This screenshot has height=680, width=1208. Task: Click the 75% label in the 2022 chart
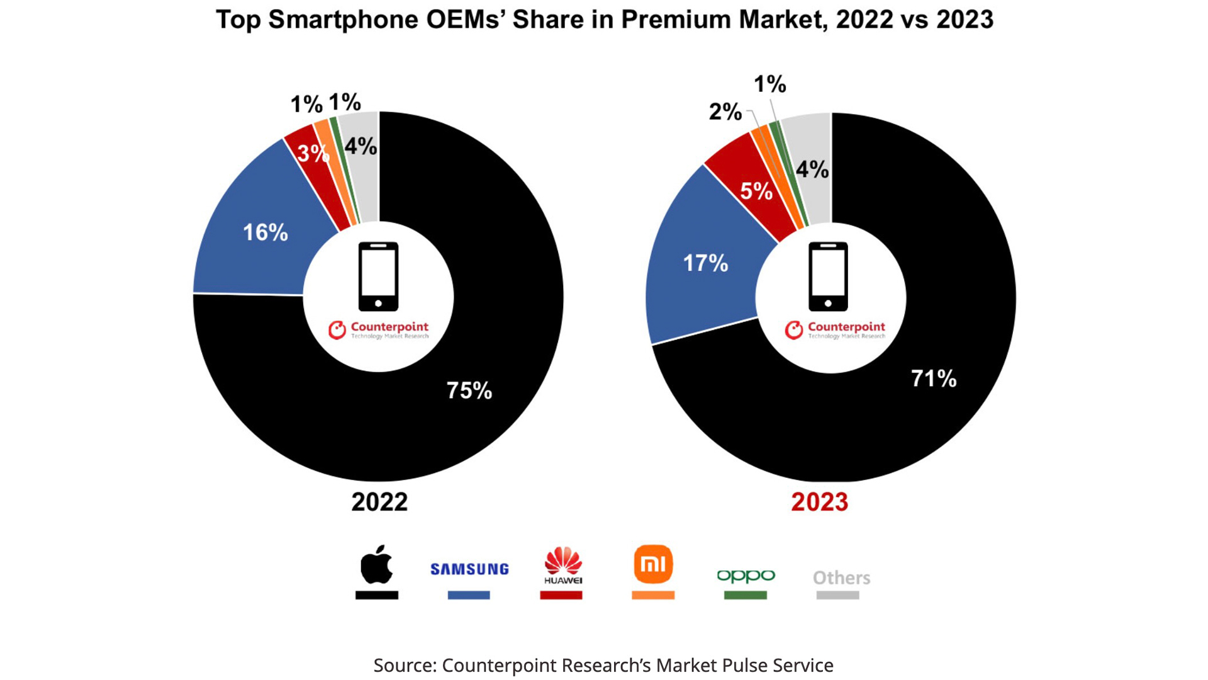[x=469, y=390]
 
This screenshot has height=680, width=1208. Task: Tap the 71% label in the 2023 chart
[x=934, y=378]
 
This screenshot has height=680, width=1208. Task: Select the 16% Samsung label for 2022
[x=266, y=232]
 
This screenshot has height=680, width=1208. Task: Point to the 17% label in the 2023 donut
[x=705, y=263]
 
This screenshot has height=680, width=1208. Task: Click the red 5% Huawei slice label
[x=756, y=191]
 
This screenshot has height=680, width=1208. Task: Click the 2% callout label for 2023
[x=725, y=111]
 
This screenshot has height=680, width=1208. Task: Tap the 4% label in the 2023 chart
[x=812, y=169]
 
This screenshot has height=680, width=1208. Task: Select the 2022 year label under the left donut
[x=379, y=502]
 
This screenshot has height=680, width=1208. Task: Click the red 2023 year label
[x=819, y=502]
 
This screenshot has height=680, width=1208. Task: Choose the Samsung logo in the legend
[x=469, y=569]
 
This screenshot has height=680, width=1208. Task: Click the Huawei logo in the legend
[x=563, y=565]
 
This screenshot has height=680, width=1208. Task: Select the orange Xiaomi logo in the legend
[x=653, y=564]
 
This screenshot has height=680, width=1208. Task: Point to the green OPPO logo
[x=746, y=576]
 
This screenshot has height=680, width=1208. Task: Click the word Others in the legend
[x=841, y=577]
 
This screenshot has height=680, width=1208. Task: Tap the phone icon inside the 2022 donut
[x=378, y=276]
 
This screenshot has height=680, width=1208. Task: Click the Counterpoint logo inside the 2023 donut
[x=834, y=330]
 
